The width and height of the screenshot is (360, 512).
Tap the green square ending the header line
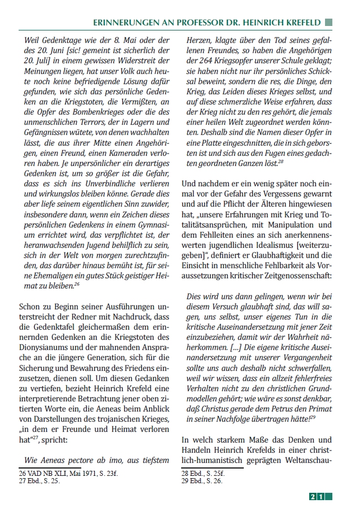tap(328, 22)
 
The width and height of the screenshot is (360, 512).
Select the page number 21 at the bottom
tap(316, 496)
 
